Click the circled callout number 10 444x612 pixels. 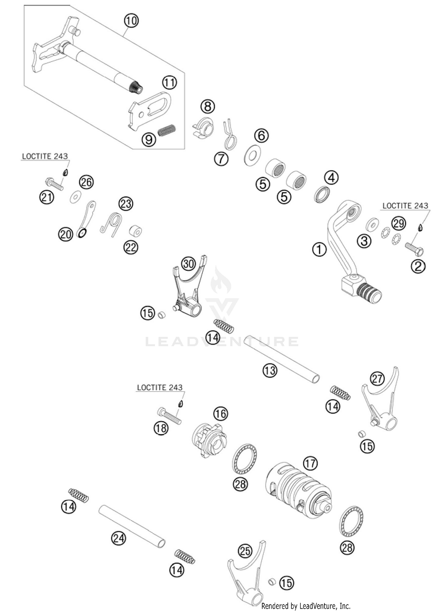[131, 21]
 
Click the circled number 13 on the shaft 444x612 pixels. [270, 370]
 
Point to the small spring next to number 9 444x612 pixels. [167, 130]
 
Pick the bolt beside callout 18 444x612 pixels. [169, 416]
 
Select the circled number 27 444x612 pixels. [377, 379]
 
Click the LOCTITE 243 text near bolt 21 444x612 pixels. [45, 156]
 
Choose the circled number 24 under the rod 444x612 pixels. [118, 538]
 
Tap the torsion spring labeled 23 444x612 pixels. [112, 224]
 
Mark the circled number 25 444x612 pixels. [245, 551]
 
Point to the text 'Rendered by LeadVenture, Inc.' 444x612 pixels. [305, 606]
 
